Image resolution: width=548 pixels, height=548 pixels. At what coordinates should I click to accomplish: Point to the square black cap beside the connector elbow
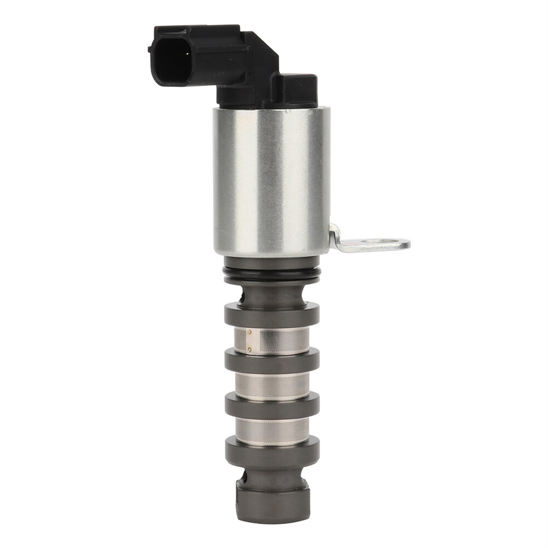(x=296, y=88)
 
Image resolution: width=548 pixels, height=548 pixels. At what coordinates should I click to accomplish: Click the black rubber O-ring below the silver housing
(x=271, y=274)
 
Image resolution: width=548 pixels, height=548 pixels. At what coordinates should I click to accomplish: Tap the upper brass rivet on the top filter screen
(x=249, y=332)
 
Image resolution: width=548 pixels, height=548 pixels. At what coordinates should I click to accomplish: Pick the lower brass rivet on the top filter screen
(x=249, y=349)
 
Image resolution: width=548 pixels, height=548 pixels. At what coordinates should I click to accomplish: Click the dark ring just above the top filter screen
(x=271, y=315)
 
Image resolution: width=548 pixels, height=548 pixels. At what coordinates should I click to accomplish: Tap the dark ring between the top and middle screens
(x=271, y=362)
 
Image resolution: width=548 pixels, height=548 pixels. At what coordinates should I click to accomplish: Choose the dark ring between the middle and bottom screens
(x=271, y=406)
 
